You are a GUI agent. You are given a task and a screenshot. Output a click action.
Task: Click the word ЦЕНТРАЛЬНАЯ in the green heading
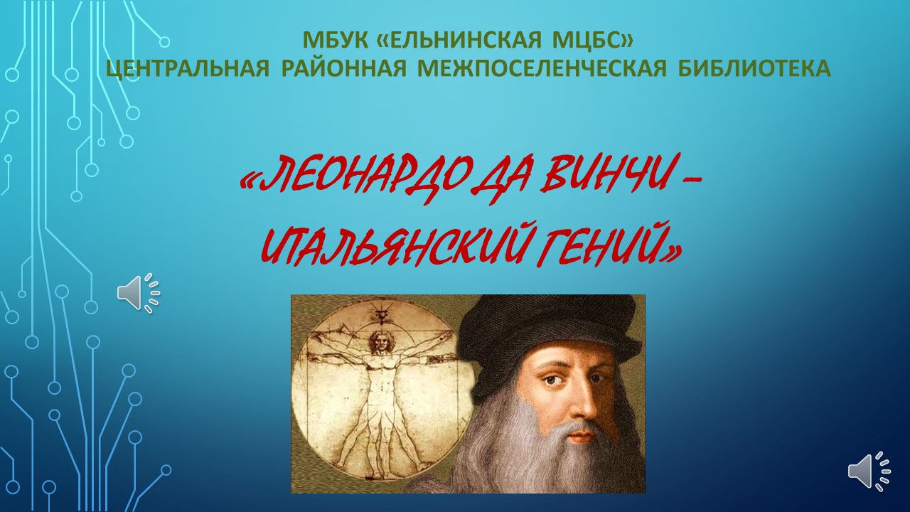click(x=188, y=68)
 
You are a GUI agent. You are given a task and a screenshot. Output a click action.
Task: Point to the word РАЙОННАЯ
click(x=343, y=68)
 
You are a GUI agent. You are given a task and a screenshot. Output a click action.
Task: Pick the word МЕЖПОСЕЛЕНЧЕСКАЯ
click(x=542, y=68)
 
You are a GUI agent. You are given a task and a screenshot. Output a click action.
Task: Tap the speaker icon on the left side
click(x=139, y=293)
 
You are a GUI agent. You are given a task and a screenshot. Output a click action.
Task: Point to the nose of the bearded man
click(x=589, y=403)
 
